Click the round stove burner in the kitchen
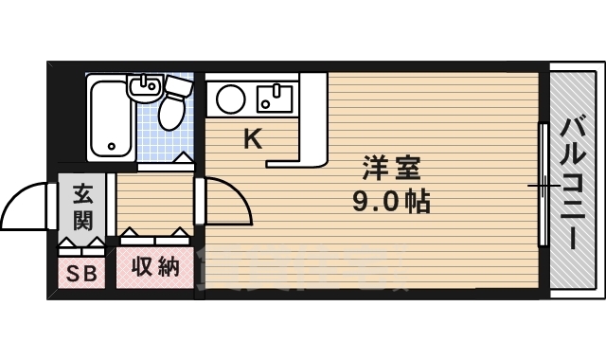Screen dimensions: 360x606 [230, 98]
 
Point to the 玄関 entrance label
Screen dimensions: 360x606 [81, 208]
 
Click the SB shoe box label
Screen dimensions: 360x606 [81, 274]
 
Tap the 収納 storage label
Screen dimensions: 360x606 [154, 268]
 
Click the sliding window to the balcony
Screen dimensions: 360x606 [544, 185]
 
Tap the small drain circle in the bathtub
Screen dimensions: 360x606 [111, 147]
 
